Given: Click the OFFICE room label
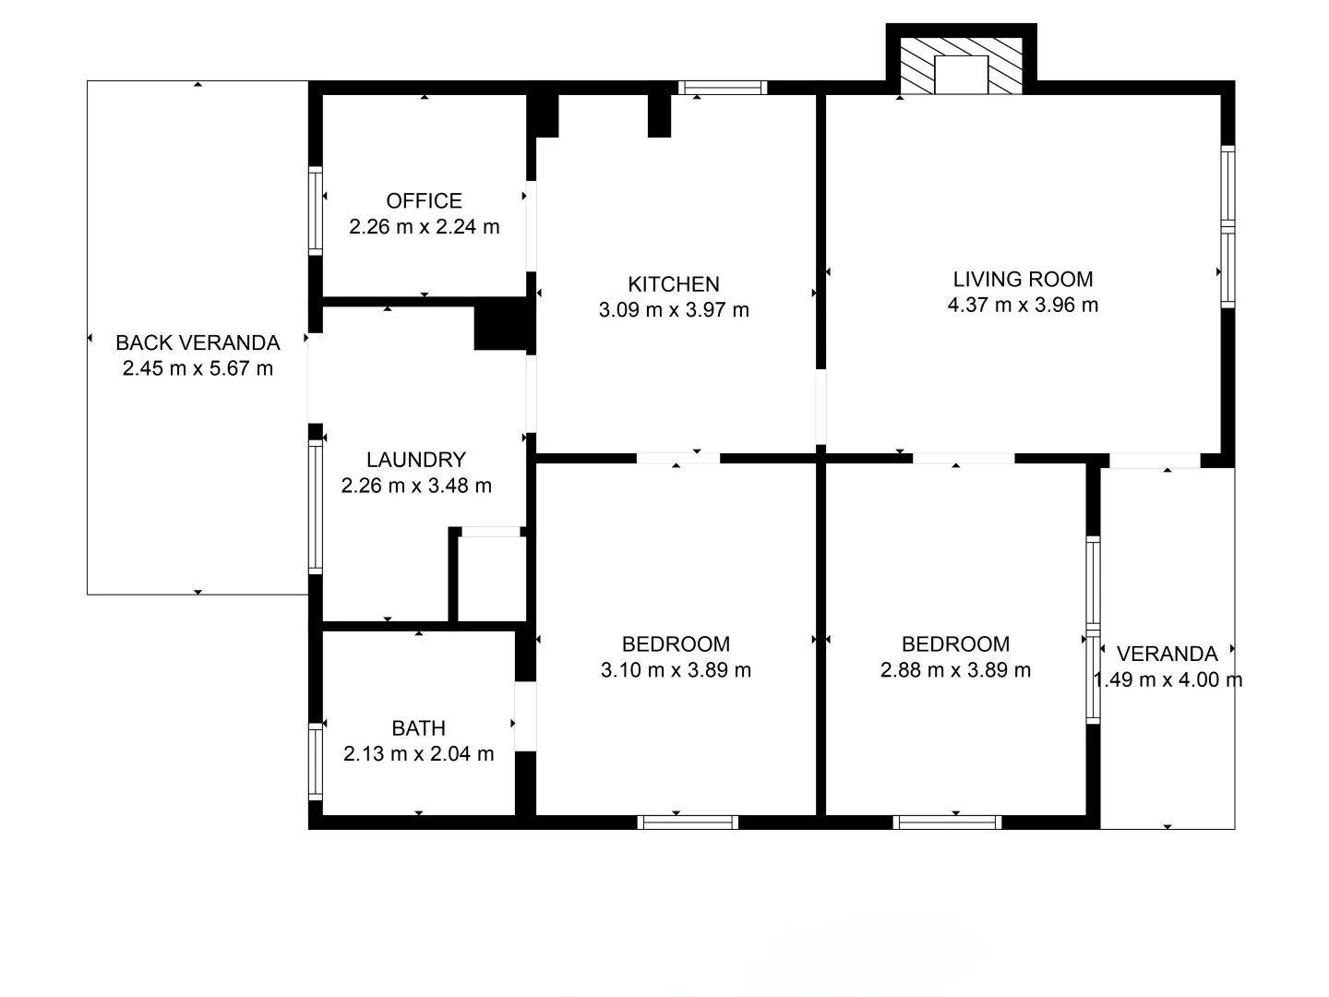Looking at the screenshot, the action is tap(424, 200).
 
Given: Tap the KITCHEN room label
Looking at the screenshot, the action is tap(674, 284).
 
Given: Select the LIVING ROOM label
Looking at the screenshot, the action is tap(1023, 279).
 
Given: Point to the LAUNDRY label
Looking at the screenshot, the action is tap(416, 460).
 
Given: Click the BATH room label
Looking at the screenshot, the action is tap(418, 727).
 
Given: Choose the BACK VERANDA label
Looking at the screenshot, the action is tap(198, 342).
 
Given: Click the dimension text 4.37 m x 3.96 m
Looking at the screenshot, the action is tap(1023, 305).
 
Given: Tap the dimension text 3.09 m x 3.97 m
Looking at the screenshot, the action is tap(674, 310).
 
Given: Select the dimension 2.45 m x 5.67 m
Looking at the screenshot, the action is tap(198, 368).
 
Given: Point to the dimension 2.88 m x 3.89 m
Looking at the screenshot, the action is tap(955, 670).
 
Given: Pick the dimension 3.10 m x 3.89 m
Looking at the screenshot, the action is tap(676, 670).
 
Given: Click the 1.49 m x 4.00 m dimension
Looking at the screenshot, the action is tap(1167, 679).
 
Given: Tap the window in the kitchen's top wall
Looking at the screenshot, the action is tap(723, 88).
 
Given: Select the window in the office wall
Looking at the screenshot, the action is tap(316, 210).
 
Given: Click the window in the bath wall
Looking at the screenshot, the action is tap(316, 762).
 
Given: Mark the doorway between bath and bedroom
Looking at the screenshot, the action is tap(525, 716).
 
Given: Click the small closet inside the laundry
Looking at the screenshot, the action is tap(492, 578).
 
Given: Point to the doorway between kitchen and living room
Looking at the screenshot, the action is tap(820, 407).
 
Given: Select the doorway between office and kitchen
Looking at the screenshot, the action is tap(531, 226).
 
